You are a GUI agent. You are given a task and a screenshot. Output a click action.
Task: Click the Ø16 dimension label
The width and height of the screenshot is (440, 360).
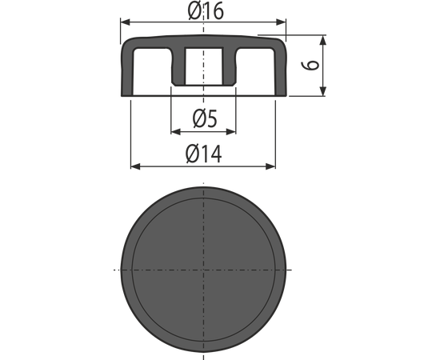click(206, 11)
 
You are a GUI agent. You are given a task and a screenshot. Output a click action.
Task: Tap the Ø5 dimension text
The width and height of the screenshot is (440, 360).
click(205, 118)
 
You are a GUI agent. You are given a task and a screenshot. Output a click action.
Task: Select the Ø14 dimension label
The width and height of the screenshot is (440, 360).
click(203, 154)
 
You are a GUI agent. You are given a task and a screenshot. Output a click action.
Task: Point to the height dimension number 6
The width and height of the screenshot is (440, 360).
click(310, 65)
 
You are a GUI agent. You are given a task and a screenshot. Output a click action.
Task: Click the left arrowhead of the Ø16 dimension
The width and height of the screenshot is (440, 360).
click(126, 22)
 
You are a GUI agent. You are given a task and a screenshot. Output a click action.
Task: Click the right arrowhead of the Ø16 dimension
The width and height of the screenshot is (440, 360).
click(281, 22)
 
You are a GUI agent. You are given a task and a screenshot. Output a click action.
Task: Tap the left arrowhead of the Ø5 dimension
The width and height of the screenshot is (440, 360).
click(176, 131)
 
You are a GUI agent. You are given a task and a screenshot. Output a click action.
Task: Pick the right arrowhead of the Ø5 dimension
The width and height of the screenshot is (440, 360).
click(231, 131)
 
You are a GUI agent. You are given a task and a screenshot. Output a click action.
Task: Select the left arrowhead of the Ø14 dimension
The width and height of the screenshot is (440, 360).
click(136, 166)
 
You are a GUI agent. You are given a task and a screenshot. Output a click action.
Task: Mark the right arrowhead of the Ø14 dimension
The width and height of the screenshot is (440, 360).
click(270, 166)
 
